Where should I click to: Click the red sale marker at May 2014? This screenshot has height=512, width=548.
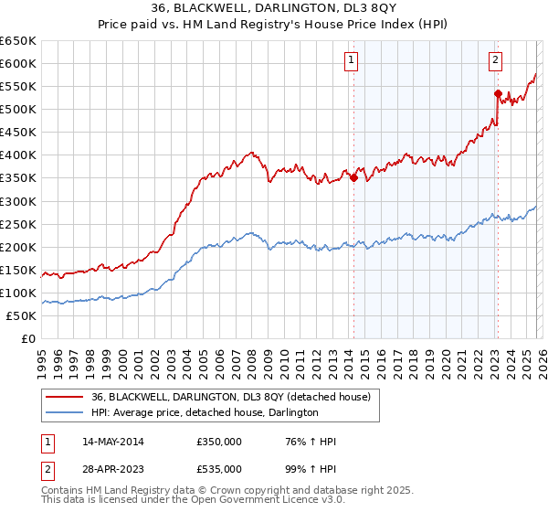(353, 177)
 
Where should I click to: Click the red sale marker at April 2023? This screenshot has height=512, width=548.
(498, 93)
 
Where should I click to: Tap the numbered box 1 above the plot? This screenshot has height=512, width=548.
(352, 61)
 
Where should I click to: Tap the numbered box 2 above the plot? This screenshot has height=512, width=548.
(495, 61)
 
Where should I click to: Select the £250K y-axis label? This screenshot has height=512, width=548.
(18, 224)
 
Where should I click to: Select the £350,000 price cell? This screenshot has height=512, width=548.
(218, 442)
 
